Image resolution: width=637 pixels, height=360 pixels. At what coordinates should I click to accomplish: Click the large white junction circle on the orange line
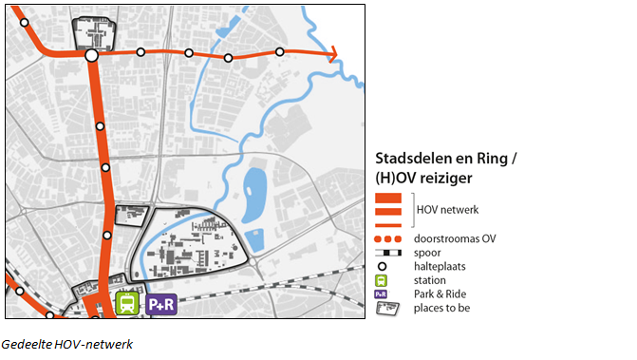[x=92, y=56]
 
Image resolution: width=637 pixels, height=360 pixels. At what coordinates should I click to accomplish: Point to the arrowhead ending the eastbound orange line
[x=332, y=57]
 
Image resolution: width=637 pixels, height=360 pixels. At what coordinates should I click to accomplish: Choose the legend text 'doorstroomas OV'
[x=455, y=238]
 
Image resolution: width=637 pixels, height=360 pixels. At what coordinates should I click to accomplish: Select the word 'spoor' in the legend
[x=429, y=253]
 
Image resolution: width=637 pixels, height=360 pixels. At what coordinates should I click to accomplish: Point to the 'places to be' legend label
[x=443, y=308]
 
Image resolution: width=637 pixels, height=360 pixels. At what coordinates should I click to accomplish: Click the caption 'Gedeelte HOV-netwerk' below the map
[x=66, y=344]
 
